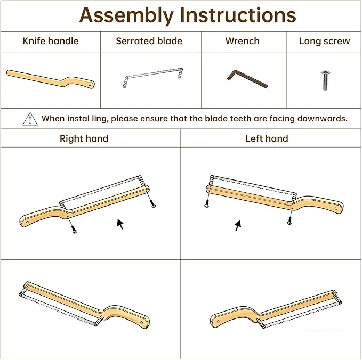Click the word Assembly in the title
pos(126,16)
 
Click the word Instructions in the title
pos(238,15)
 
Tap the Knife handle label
pos(51,41)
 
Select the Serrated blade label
pos(149,41)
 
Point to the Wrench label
pos(243,41)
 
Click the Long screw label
pos(324,42)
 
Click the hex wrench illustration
pos(247,79)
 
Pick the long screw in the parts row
pos(326,80)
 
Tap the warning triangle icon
pos(30,119)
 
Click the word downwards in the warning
pos(323,119)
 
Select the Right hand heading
pos(84,138)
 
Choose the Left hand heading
pos(267,138)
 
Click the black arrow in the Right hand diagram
pos(120,224)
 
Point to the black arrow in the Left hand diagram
pos(238,225)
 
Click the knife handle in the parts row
pos(51,79)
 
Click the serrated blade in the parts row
pos(153,77)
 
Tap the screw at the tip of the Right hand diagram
pos(153,204)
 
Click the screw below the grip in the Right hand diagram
pos(74,230)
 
